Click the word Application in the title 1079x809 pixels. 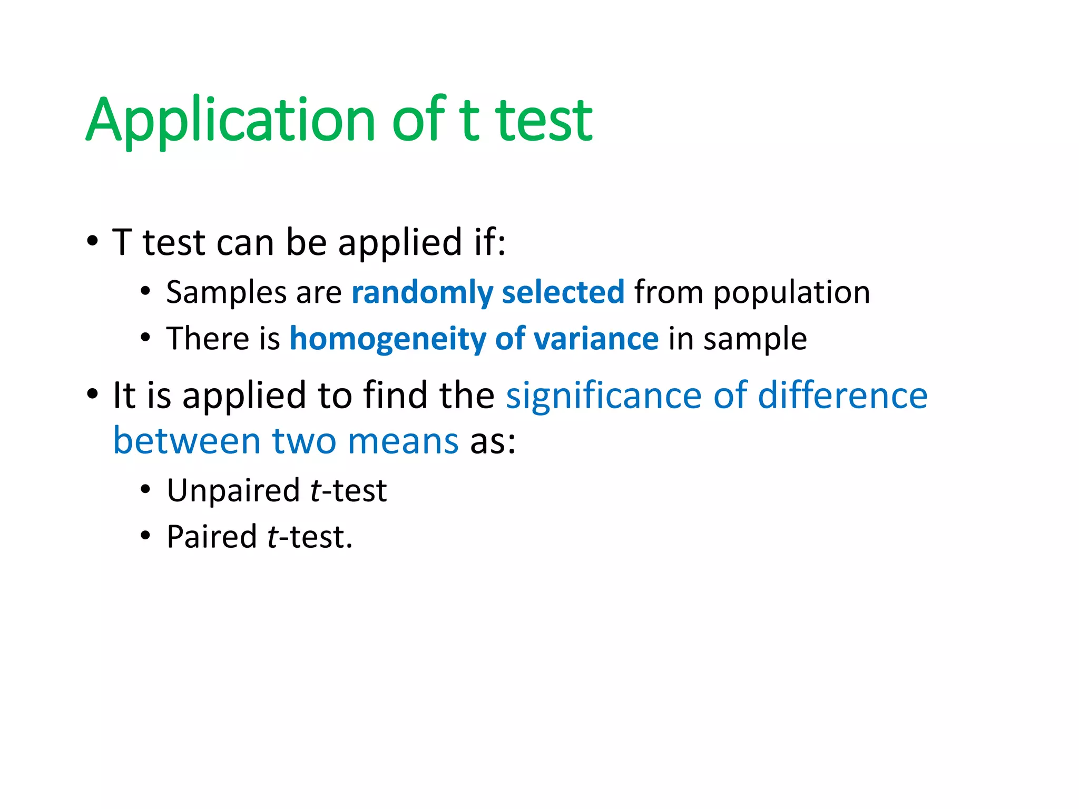(x=230, y=121)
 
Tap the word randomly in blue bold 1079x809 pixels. (x=422, y=292)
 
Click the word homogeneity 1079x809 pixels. (x=388, y=339)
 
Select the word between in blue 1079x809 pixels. (x=187, y=440)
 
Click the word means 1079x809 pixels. (x=403, y=441)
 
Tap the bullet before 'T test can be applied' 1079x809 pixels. (x=93, y=242)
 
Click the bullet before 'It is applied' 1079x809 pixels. (x=93, y=394)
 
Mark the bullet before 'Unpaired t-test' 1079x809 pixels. (x=146, y=490)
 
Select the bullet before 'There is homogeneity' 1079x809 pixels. (x=146, y=338)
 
